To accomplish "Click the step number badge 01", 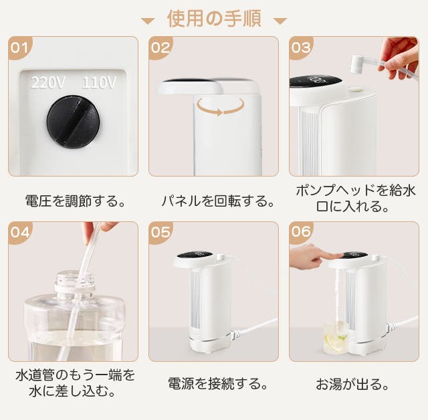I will [19, 47].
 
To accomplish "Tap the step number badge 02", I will [160, 47].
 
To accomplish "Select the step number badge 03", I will [300, 47].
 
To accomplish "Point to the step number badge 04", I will [19, 233].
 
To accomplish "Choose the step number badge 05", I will [160, 233].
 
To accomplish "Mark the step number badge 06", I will [300, 233].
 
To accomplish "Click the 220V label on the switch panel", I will [48, 83].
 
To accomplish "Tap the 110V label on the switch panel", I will [98, 83].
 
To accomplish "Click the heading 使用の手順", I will [214, 18].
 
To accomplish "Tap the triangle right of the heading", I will [280, 20].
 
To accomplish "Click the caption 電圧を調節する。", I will [74, 200].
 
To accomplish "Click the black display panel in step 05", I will [195, 257].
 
